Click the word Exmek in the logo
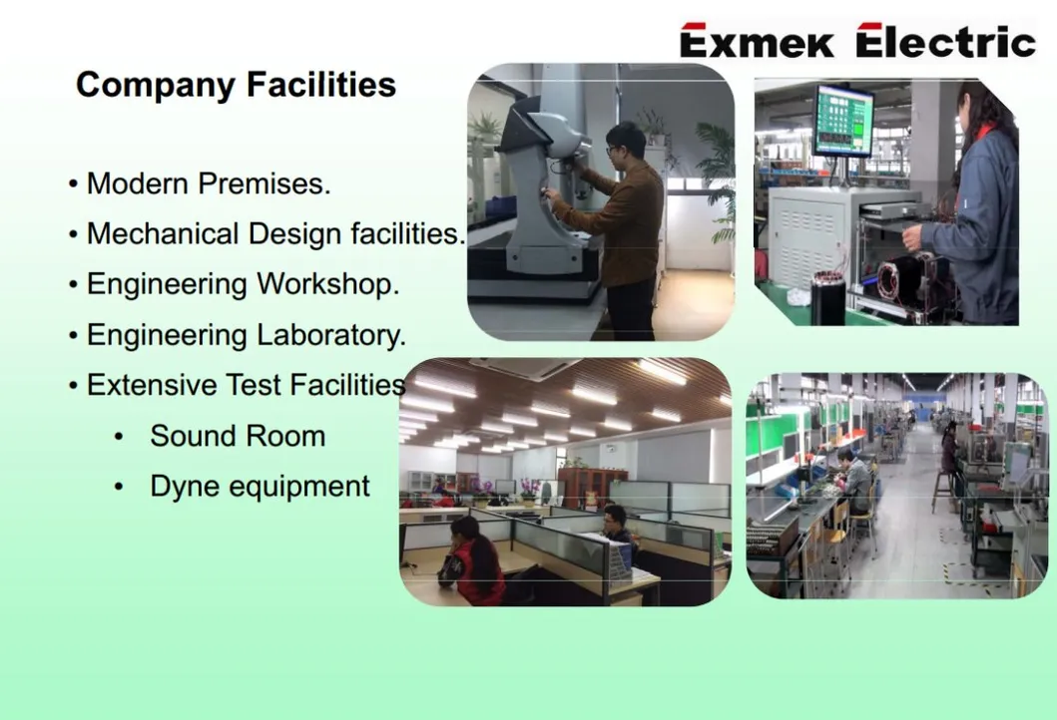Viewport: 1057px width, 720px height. [757, 41]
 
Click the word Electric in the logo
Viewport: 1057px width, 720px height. [946, 41]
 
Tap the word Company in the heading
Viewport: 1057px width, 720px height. [156, 86]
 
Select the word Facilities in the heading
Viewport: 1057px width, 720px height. [320, 85]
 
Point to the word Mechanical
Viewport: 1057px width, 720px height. [163, 233]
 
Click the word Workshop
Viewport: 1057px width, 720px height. [328, 284]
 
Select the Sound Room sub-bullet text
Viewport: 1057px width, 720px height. [238, 436]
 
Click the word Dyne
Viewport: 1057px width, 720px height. [182, 487]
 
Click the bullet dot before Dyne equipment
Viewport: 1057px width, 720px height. [120, 487]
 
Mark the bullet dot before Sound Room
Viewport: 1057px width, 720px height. [120, 437]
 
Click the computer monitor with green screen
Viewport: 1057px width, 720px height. [843, 122]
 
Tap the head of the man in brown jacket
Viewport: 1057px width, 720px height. [625, 144]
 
